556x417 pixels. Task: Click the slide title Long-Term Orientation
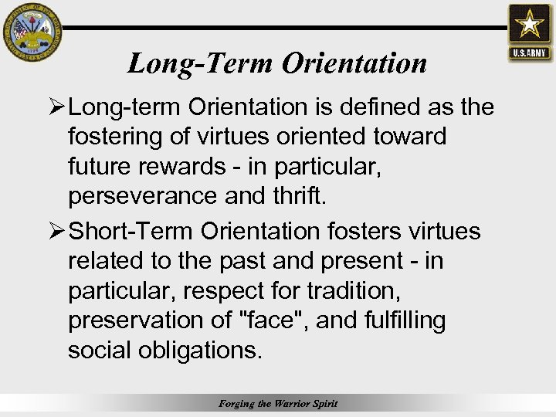coord(277,63)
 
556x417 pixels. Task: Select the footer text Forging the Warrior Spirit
coord(278,403)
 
